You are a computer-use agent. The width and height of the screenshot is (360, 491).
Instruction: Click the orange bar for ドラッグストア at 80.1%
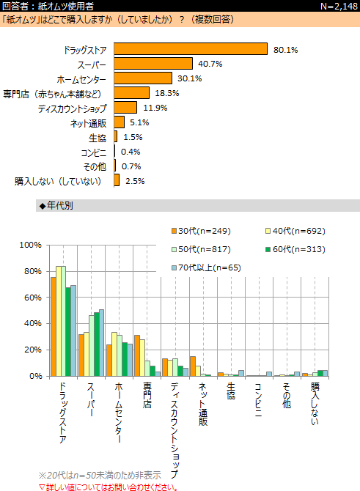[x=191, y=49]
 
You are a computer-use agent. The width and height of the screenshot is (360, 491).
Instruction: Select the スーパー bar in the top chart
[x=153, y=64]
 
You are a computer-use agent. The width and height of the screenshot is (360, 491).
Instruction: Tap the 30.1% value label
[x=190, y=78]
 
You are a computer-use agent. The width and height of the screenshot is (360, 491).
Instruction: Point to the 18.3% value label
[x=167, y=93]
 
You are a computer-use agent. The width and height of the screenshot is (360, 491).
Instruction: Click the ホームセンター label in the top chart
[x=81, y=80]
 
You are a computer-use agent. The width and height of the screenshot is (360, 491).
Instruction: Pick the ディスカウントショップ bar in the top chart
[x=125, y=108]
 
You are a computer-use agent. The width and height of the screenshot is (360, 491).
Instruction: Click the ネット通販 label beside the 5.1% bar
[x=89, y=123]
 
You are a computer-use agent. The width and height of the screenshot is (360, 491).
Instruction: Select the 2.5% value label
[x=135, y=181]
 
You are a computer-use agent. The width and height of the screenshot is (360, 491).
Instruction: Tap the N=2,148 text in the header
[x=339, y=7]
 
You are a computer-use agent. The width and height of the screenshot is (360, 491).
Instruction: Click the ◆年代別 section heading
[x=56, y=206]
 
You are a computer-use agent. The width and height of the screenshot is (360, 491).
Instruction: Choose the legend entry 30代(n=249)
[x=201, y=231]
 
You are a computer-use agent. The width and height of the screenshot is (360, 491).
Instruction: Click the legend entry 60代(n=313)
[x=295, y=249]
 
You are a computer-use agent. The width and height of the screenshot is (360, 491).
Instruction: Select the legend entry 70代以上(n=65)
[x=206, y=267]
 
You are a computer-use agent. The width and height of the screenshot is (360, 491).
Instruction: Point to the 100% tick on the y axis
[x=30, y=245]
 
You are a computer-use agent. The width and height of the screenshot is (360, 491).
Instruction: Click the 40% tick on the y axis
[x=32, y=323]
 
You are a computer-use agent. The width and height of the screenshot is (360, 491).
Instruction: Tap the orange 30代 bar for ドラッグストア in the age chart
[x=54, y=327]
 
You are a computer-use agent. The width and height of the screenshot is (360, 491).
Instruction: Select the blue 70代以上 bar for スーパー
[x=101, y=343]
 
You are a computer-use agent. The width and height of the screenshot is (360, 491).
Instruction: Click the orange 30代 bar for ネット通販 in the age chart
[x=193, y=366]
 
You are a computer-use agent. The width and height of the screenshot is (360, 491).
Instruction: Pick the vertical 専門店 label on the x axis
[x=147, y=395]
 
